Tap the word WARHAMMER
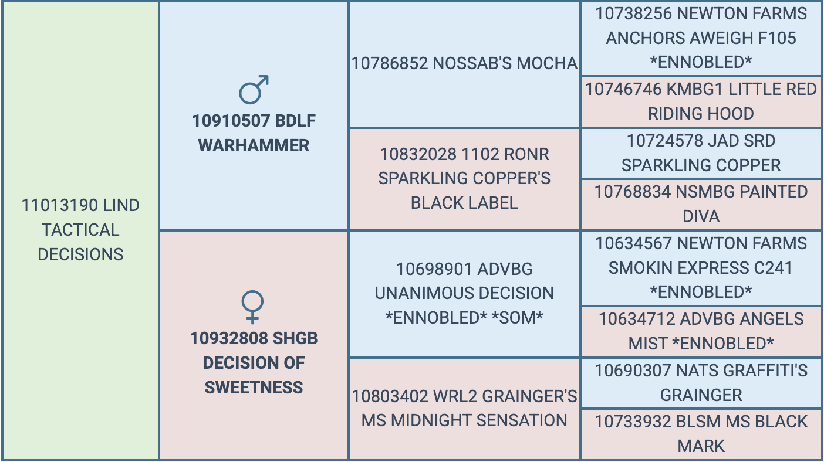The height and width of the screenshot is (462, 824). tap(254, 145)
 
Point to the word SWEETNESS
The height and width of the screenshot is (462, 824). tap(254, 388)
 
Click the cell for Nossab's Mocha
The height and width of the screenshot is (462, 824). tap(464, 64)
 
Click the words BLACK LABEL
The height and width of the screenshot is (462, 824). tap(464, 203)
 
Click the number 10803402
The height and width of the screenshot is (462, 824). tap(390, 396)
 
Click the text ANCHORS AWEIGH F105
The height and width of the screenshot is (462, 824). tap(701, 38)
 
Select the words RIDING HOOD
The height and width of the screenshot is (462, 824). tap(701, 114)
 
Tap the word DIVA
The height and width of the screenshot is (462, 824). tap(701, 216)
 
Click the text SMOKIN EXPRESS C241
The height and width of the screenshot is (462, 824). tap(701, 267)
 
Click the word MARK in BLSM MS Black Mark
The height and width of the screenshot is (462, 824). tap(701, 446)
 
